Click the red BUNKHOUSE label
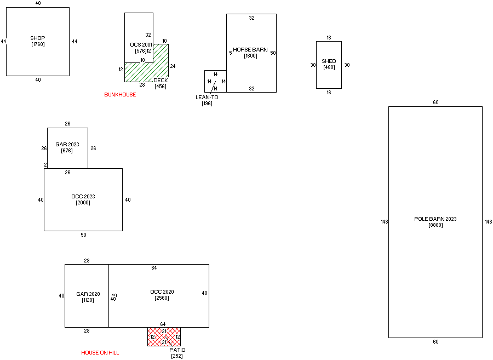tap(120, 95)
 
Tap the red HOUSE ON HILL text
tap(100, 353)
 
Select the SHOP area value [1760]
tap(38, 44)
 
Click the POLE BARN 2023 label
tap(435, 219)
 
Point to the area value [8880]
tap(435, 225)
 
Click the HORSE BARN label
tap(250, 50)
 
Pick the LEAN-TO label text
tap(207, 98)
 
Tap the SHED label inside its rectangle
tap(329, 61)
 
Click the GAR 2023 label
tap(67, 145)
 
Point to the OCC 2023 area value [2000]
tap(83, 203)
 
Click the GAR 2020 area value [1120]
tap(87, 300)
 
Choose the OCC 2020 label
tap(162, 292)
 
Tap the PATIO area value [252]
tap(177, 356)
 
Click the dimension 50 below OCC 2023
tap(83, 235)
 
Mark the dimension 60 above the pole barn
tap(435, 102)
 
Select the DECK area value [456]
tap(160, 87)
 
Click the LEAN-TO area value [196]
tap(207, 104)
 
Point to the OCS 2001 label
tap(141, 44)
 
